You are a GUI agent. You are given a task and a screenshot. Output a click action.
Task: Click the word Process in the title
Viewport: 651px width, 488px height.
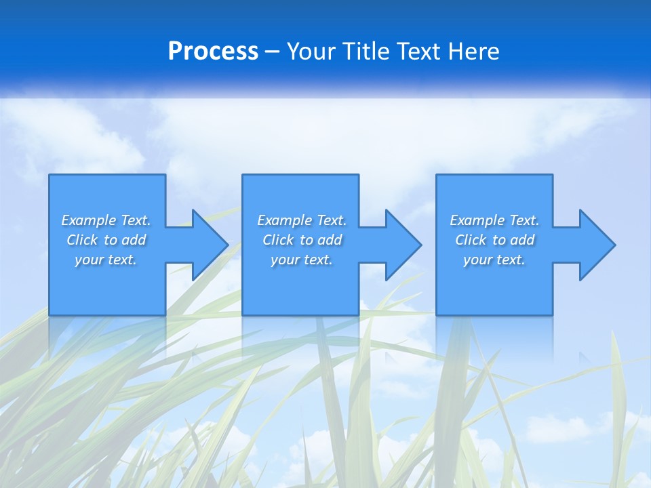click(x=213, y=52)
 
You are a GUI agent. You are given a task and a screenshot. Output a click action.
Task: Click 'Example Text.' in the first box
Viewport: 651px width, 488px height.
click(x=106, y=220)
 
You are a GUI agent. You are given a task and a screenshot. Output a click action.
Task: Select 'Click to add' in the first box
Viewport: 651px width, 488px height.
click(x=106, y=240)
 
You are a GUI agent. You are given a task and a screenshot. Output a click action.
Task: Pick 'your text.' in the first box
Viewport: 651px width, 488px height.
click(x=106, y=260)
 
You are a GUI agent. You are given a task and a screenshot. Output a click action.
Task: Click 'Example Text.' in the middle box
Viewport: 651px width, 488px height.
click(x=302, y=220)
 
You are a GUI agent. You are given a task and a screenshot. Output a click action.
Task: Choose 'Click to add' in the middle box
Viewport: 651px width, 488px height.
click(x=302, y=240)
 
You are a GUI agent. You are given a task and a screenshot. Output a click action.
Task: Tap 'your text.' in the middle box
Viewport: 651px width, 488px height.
click(x=302, y=260)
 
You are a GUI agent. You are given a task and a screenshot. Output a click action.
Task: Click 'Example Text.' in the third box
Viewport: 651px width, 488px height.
click(x=494, y=220)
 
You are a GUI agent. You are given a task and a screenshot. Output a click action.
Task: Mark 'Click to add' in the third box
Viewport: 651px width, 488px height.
click(x=494, y=240)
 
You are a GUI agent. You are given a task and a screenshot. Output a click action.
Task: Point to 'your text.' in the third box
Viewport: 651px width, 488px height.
click(x=494, y=260)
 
